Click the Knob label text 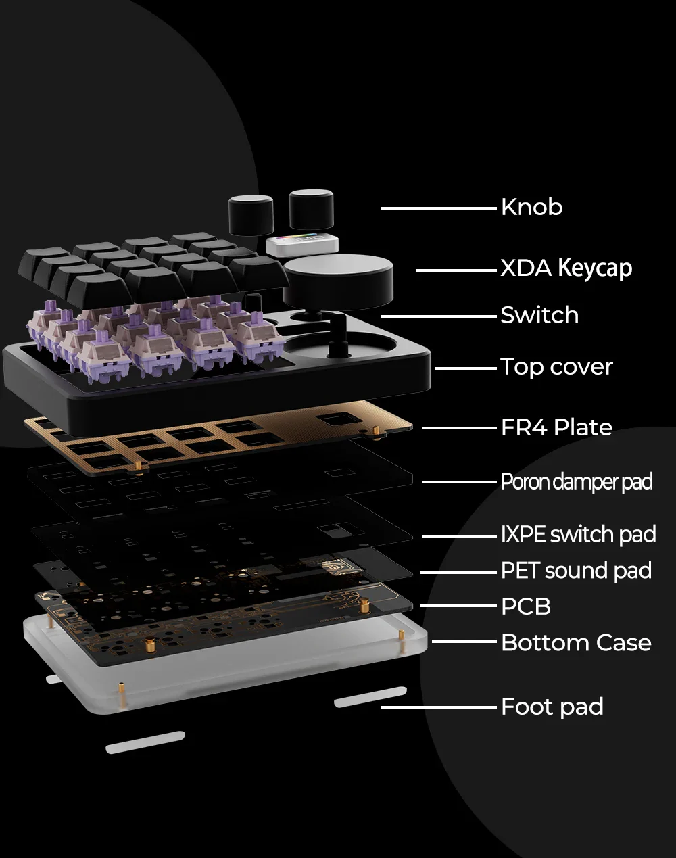pos(531,207)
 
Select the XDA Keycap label pos(566,268)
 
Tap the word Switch pos(539,315)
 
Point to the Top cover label pos(556,366)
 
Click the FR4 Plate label pos(556,427)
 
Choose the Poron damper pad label pos(576,482)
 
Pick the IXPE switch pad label pos(578,534)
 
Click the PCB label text pos(525,606)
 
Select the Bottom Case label pos(576,642)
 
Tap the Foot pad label pos(552,707)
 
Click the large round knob pos(338,279)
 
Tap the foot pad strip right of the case pos(370,698)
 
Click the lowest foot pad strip pos(145,741)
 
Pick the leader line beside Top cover pos(466,368)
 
